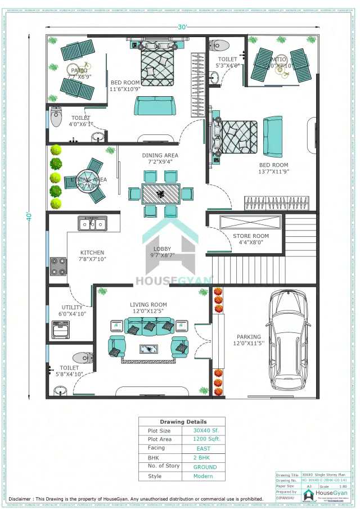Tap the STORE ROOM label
251,236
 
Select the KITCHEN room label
92,253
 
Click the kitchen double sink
93,224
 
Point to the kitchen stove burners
58,266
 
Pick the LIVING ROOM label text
148,305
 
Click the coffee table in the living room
148,348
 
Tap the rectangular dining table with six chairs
160,194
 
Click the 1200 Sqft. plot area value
203,439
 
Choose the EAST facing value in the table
203,448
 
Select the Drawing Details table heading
183,421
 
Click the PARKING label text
248,337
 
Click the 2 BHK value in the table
203,458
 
